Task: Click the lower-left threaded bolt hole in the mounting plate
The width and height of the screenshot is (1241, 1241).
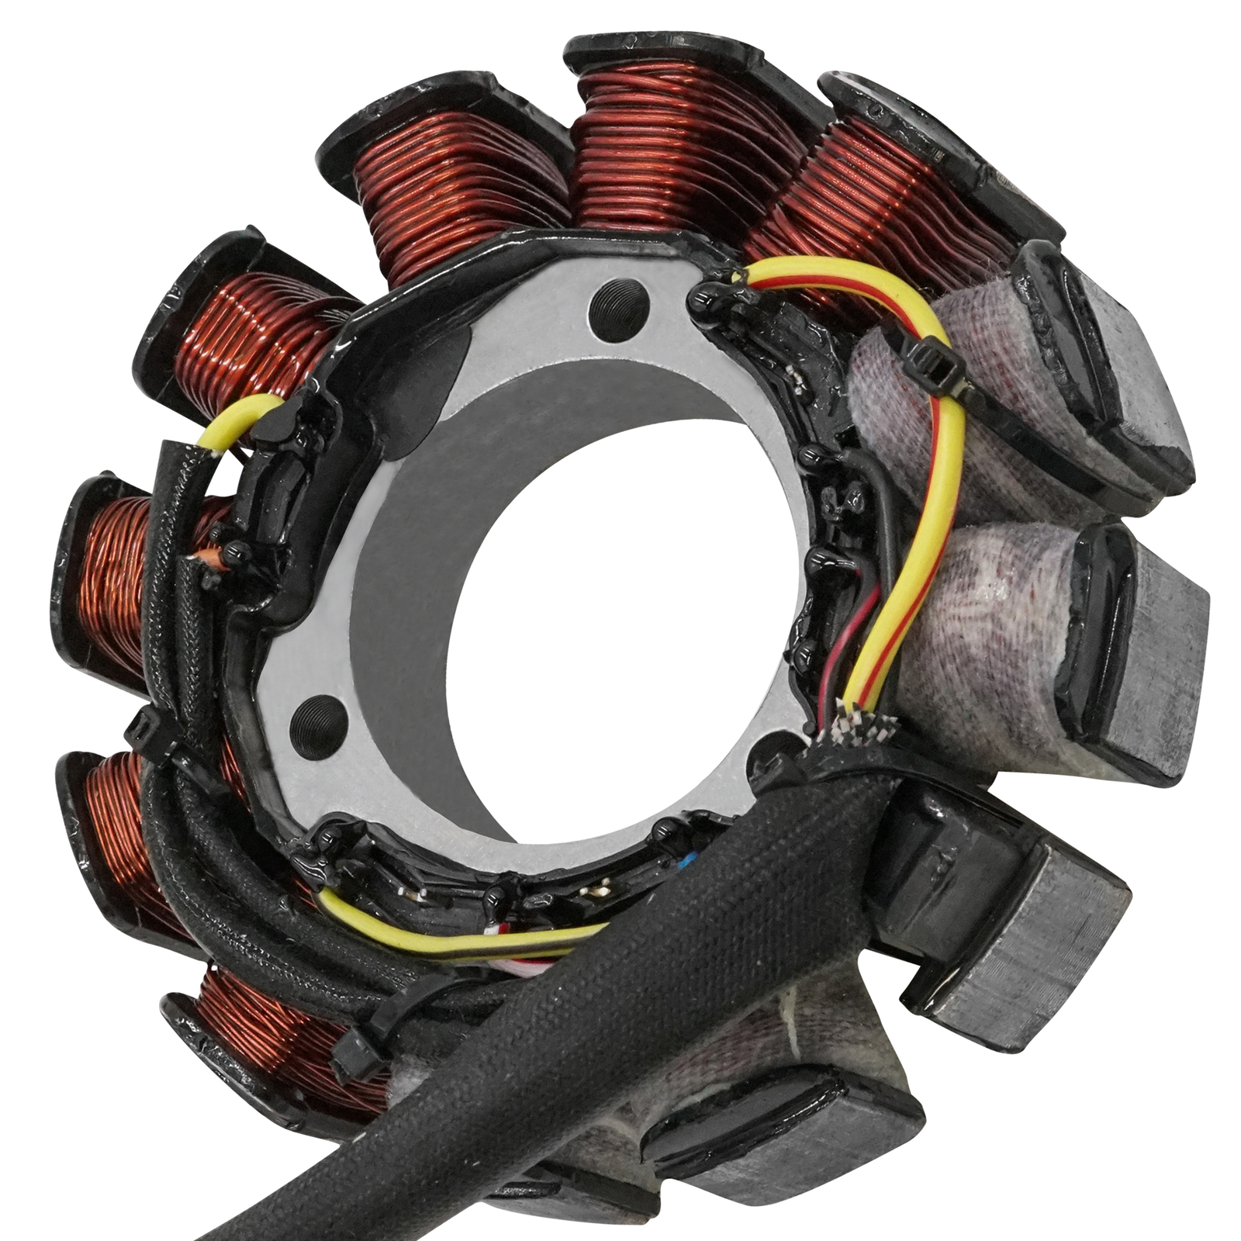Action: coord(316,719)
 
